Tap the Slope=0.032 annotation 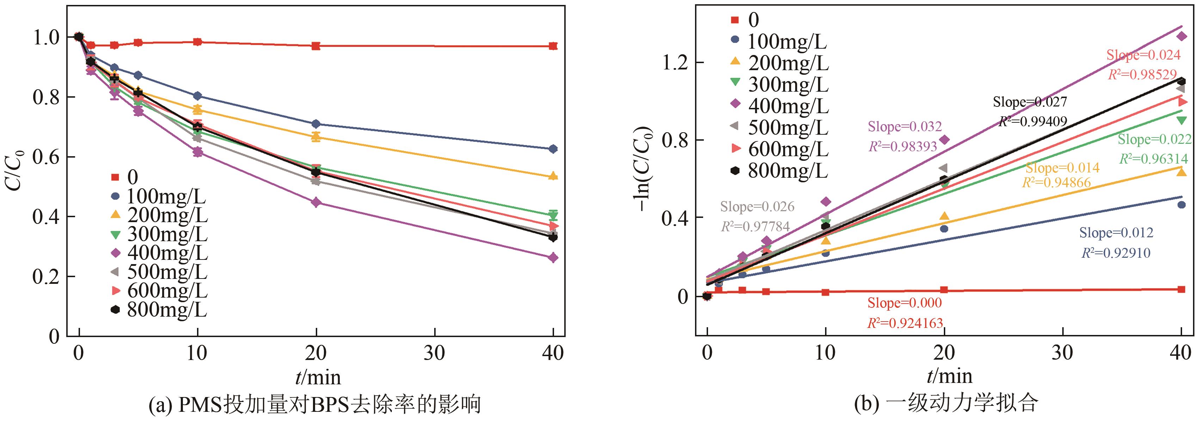click(904, 127)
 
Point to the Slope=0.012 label click(1116, 233)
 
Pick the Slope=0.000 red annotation click(904, 303)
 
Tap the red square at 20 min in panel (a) click(316, 45)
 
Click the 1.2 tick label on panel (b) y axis click(675, 62)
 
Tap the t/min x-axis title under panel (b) click(949, 376)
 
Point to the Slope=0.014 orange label click(1062, 167)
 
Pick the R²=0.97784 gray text click(755, 227)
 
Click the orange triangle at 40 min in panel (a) click(553, 176)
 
